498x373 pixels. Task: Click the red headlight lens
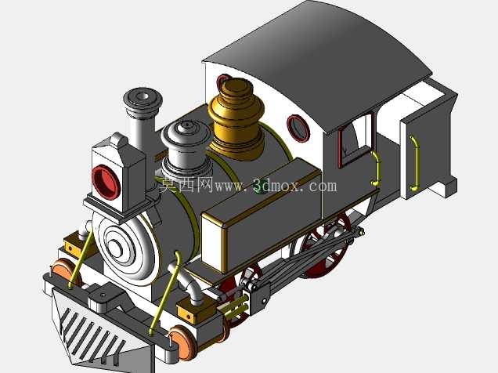coord(106,182)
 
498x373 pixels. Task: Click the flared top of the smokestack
coord(143,99)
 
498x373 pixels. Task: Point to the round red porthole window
coord(298,128)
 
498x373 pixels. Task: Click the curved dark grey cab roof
coord(318,63)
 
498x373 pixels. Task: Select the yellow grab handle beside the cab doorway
coord(377,168)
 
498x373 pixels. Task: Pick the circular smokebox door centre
coord(115,246)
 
